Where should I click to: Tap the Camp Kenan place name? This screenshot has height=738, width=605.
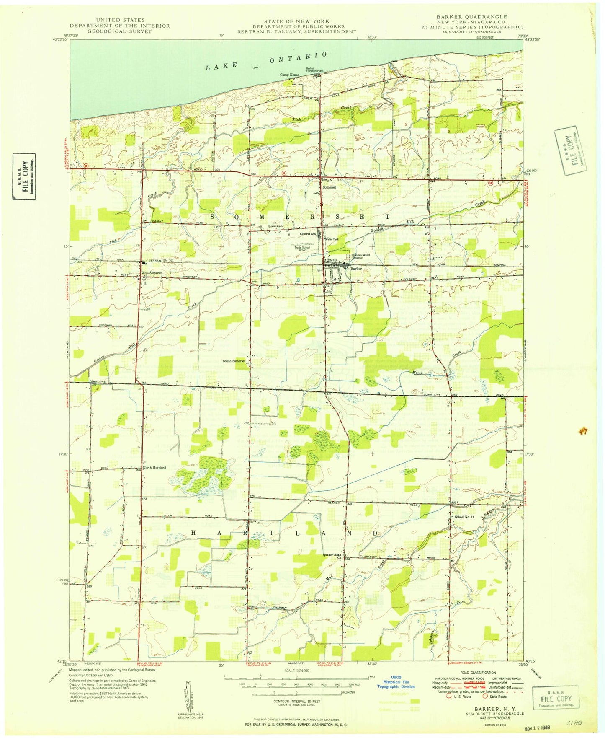tap(290, 75)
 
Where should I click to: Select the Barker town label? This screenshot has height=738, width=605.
tap(356, 269)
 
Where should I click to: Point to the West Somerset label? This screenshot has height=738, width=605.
tap(151, 273)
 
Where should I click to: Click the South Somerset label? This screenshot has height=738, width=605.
tap(234, 361)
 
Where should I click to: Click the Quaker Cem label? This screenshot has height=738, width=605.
tap(275, 227)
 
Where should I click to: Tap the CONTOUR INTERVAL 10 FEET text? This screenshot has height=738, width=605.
tap(297, 701)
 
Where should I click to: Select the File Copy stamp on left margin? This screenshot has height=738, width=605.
tap(24, 176)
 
